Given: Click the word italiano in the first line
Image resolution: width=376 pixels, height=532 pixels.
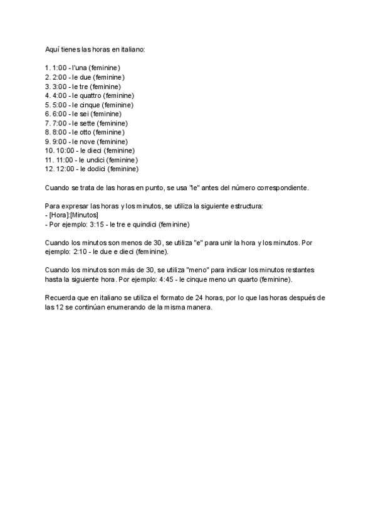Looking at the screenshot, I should [x=132, y=49].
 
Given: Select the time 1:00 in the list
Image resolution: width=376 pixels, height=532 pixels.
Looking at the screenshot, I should [x=61, y=67].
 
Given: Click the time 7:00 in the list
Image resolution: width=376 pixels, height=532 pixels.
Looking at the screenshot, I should [x=61, y=123].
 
